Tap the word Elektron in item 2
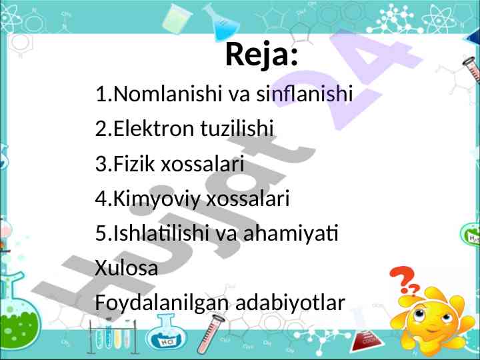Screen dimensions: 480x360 153,128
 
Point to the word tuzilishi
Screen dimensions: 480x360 237,128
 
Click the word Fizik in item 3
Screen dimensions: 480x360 134,163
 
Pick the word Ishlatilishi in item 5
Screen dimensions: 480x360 161,233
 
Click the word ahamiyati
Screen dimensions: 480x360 291,233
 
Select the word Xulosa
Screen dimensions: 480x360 127,267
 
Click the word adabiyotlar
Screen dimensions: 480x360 290,303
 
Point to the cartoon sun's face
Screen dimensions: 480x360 432,320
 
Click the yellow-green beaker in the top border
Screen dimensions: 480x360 176,18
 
